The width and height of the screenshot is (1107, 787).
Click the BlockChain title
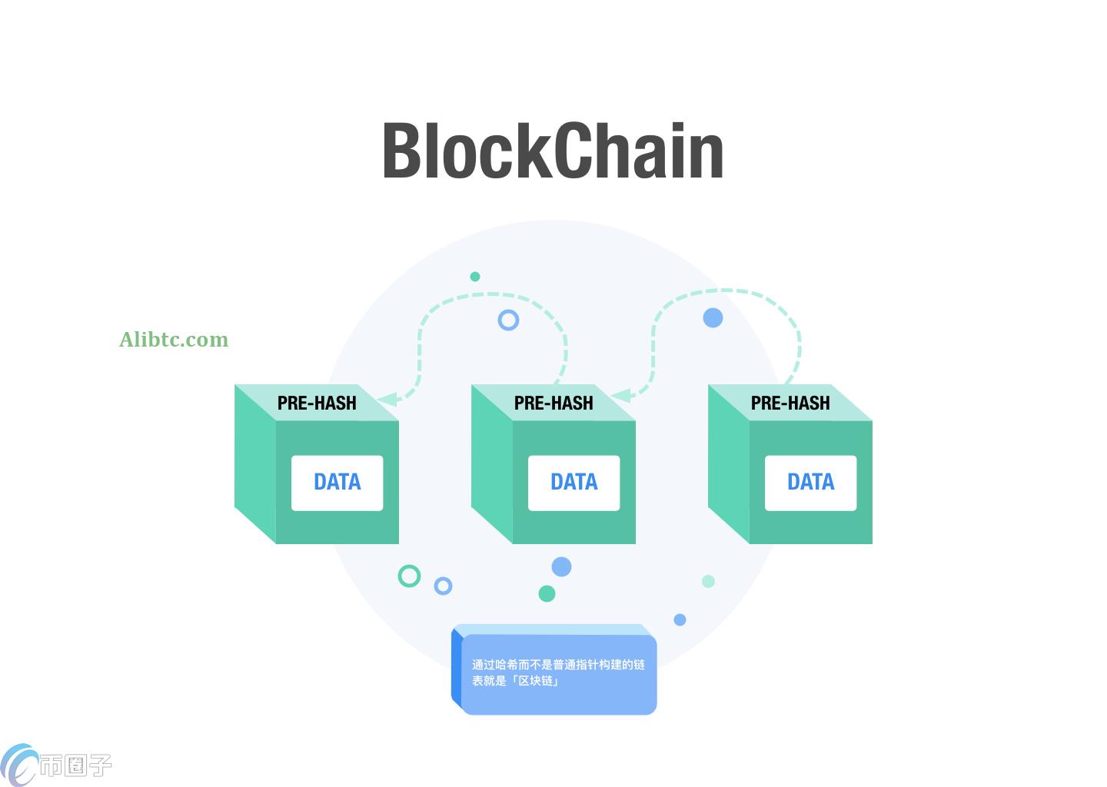553,151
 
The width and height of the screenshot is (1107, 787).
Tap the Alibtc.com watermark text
174,340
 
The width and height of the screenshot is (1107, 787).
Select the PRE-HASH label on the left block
317,403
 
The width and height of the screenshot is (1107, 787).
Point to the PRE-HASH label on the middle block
553,403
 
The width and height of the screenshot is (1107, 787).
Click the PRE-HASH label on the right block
790,403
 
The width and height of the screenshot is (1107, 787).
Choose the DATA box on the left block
337,483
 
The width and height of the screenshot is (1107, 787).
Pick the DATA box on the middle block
573,483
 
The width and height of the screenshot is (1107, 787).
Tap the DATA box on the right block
810,483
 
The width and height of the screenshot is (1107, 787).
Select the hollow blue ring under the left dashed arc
508,320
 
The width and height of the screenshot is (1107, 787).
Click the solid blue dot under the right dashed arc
713,317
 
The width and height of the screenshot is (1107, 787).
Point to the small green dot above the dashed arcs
475,277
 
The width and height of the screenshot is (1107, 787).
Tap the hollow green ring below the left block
409,576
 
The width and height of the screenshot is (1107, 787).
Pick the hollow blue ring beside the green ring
443,586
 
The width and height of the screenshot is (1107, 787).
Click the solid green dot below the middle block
547,593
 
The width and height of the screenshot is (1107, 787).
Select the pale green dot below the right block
708,581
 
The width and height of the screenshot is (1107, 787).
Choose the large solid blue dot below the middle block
561,567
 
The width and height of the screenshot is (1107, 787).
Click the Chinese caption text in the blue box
558,672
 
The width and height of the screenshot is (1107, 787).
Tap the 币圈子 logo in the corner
57,765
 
